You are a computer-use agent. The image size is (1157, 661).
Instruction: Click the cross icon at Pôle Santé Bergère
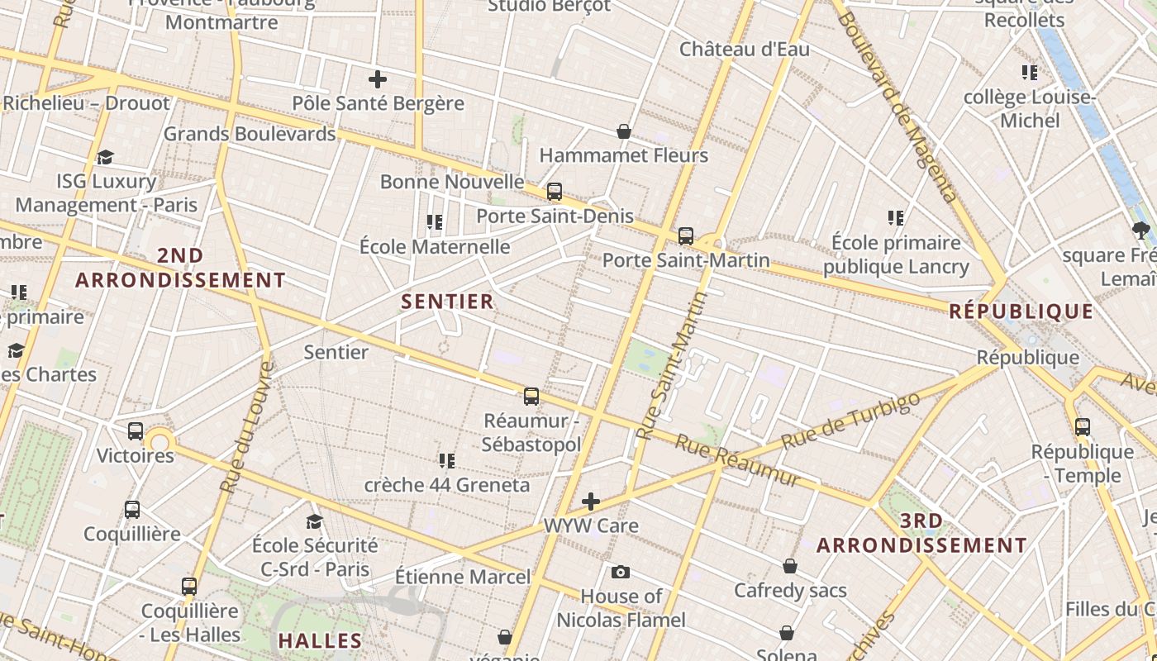pos(378,79)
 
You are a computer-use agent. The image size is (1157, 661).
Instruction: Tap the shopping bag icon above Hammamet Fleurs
pos(624,131)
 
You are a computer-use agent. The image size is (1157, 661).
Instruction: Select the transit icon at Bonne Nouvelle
pos(555,192)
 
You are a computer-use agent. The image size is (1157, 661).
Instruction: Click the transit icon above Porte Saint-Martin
pos(685,236)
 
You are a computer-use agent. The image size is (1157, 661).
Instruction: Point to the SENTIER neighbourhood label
pos(447,302)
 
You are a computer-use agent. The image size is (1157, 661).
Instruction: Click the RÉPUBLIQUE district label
pos(1021,311)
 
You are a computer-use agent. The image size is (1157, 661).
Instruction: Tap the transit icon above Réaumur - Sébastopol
pos(531,397)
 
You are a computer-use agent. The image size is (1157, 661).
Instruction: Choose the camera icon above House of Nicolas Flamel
pos(621,572)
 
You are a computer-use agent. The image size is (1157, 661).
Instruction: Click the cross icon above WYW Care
pos(591,501)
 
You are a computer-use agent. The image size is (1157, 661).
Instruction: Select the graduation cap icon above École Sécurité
pos(314,521)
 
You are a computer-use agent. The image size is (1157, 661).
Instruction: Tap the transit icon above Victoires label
pos(136,431)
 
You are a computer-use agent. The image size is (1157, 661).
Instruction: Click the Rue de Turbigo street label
pos(850,421)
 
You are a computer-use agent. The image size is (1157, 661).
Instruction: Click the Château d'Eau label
pos(745,50)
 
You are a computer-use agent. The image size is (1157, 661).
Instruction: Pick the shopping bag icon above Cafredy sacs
pos(790,566)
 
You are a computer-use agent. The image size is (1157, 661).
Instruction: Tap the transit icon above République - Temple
pos(1083,427)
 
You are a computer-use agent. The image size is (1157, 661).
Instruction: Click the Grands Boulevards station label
pos(250,133)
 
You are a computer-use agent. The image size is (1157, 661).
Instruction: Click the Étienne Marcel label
pos(463,576)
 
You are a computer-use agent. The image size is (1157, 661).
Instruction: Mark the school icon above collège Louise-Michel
pos(1029,73)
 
